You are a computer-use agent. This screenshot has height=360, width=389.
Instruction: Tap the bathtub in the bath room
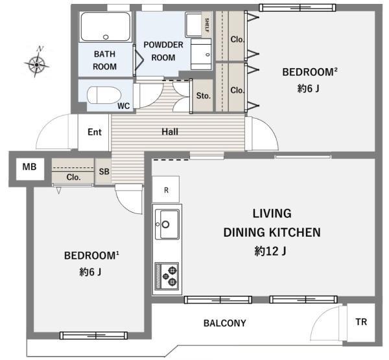[x=106, y=27]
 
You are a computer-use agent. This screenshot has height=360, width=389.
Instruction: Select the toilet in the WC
[x=104, y=95]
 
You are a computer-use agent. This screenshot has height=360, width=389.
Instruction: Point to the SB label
[x=104, y=171]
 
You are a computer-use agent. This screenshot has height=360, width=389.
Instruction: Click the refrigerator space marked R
[x=166, y=189]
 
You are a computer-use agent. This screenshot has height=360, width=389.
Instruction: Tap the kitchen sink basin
[x=167, y=224]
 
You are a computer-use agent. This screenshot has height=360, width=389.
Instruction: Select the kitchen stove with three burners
[x=167, y=276]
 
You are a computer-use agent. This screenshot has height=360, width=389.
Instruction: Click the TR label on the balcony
[x=361, y=322]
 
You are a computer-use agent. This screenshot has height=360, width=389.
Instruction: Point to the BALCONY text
[x=225, y=323]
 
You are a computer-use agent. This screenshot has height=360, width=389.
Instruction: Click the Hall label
[x=170, y=132]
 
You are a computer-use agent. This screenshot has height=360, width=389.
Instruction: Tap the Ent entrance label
[x=95, y=132]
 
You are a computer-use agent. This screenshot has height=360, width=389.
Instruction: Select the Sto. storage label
[x=204, y=95]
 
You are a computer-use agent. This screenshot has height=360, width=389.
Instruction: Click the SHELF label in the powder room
[x=207, y=25]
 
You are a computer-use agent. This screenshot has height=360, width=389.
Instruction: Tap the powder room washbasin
[x=201, y=54]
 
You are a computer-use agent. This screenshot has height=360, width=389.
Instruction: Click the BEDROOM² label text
[x=310, y=72]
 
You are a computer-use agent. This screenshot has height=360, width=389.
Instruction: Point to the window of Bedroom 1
[x=94, y=335]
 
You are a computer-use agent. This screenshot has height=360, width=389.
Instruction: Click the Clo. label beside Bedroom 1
[x=73, y=177]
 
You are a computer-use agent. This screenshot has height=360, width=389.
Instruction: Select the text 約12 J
[x=270, y=251]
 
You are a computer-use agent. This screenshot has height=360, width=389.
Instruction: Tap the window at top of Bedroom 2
[x=298, y=8]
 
